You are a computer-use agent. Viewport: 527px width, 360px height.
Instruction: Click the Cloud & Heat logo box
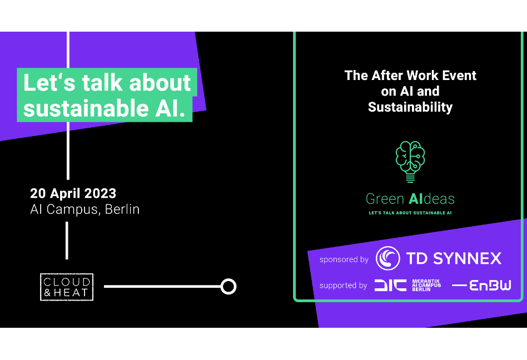[67, 287]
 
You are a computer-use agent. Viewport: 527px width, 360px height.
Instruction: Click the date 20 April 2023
[73, 193]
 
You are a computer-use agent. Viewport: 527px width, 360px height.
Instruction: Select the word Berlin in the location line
[122, 209]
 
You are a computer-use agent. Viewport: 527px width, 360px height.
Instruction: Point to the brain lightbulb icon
[410, 162]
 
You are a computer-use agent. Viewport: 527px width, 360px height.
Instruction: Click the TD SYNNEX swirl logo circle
[388, 258]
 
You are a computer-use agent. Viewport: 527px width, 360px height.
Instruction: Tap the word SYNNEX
[467, 258]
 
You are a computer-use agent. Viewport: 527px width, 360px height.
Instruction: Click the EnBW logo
[481, 286]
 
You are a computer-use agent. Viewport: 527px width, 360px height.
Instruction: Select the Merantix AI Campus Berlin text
[426, 285]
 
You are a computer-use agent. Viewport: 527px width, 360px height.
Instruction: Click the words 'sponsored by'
[344, 259]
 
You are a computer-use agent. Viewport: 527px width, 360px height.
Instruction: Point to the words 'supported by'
[343, 286]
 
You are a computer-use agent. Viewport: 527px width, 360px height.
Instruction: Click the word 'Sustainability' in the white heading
[410, 107]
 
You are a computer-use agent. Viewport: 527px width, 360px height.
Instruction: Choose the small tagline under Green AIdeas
[410, 213]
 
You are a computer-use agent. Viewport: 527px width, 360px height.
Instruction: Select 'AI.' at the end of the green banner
[171, 108]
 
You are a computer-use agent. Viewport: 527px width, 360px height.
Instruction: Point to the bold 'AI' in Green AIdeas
[415, 199]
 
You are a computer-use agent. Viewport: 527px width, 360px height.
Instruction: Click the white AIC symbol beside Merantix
[391, 286]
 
